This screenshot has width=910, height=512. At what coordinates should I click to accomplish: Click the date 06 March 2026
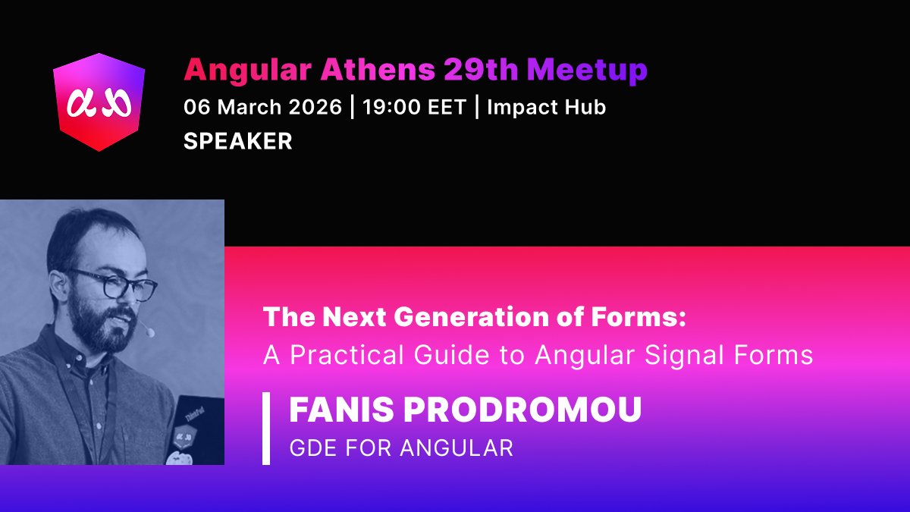pos(262,108)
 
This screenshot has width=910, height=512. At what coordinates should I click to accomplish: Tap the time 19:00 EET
pos(414,108)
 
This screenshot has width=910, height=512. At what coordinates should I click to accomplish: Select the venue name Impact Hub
pos(546,108)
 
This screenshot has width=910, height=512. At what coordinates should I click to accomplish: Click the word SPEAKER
pos(237,142)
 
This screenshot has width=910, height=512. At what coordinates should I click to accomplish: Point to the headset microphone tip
pos(149,331)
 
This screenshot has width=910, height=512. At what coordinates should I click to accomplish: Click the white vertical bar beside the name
pos(266,429)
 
